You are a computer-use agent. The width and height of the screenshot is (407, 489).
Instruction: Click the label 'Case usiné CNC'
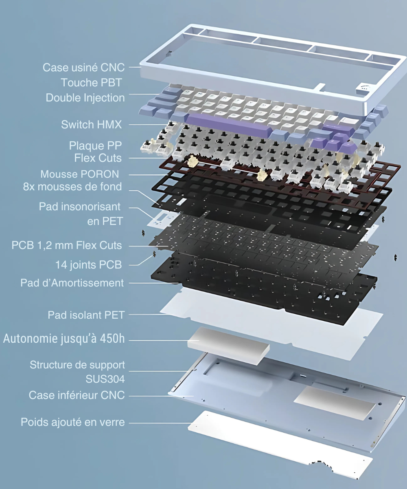coord(83,68)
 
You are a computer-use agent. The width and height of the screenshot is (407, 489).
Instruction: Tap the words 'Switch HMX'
coord(92,125)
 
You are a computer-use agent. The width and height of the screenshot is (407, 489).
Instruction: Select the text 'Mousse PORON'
coord(80,174)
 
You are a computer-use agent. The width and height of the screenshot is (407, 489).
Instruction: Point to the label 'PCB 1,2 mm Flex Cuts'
coord(67,245)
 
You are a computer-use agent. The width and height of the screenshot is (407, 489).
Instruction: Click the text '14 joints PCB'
coord(88,265)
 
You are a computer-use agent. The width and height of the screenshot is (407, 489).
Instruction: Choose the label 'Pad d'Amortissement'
coord(72,283)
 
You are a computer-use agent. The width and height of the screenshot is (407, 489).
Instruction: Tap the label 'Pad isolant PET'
coord(86,315)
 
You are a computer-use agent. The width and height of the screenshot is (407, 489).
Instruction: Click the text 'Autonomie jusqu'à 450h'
coord(64,339)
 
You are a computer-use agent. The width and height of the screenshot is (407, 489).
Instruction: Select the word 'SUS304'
coord(105,379)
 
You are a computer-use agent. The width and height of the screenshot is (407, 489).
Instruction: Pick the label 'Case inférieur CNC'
coord(77,395)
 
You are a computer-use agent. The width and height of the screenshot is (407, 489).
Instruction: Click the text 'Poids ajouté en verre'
coord(73,422)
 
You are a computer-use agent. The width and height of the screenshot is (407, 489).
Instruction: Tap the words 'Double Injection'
coord(85,98)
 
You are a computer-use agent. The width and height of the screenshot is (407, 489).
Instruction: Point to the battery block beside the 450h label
coord(228,346)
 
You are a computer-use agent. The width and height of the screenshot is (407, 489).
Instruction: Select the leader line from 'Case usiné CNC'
coord(134,67)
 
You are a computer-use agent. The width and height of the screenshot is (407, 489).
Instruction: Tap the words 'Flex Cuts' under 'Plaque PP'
coord(98,158)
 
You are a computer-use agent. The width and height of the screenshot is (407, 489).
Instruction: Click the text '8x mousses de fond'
coord(72,187)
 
